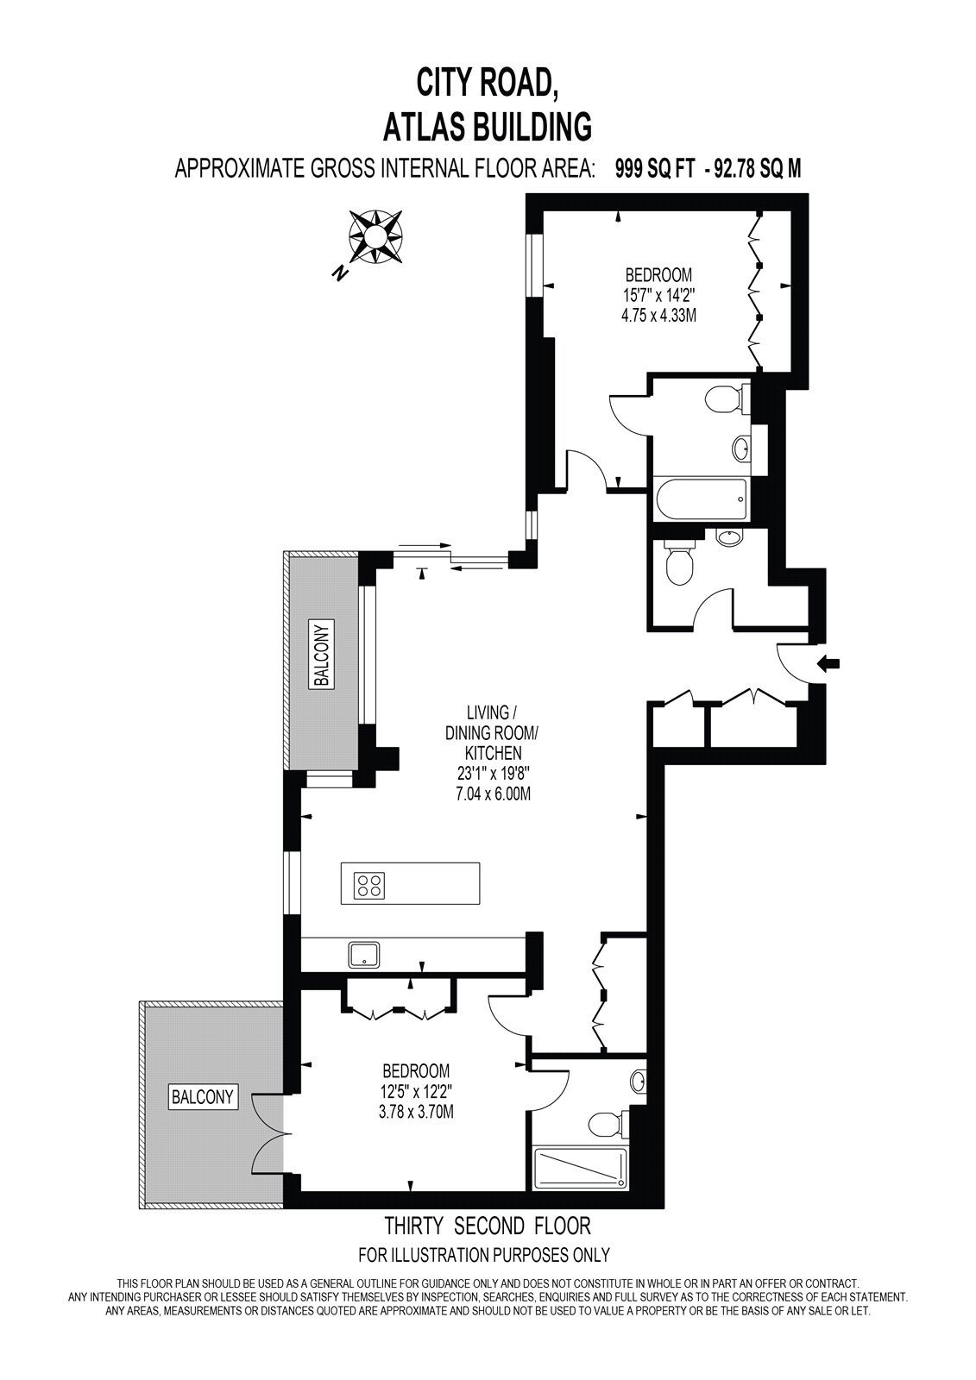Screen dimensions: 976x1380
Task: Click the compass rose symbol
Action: tap(375, 236)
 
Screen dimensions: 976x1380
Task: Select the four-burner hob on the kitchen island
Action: tap(369, 885)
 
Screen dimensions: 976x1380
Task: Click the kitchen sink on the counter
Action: tap(364, 956)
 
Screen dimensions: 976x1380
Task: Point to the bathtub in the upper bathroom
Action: tap(701, 499)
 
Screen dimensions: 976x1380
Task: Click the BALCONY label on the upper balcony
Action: tap(323, 653)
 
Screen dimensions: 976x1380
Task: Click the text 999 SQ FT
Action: tap(655, 168)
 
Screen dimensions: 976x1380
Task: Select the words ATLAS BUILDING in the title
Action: tap(487, 127)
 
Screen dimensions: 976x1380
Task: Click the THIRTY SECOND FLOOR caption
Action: tap(488, 1226)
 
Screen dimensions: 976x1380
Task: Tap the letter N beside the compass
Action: tap(338, 273)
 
